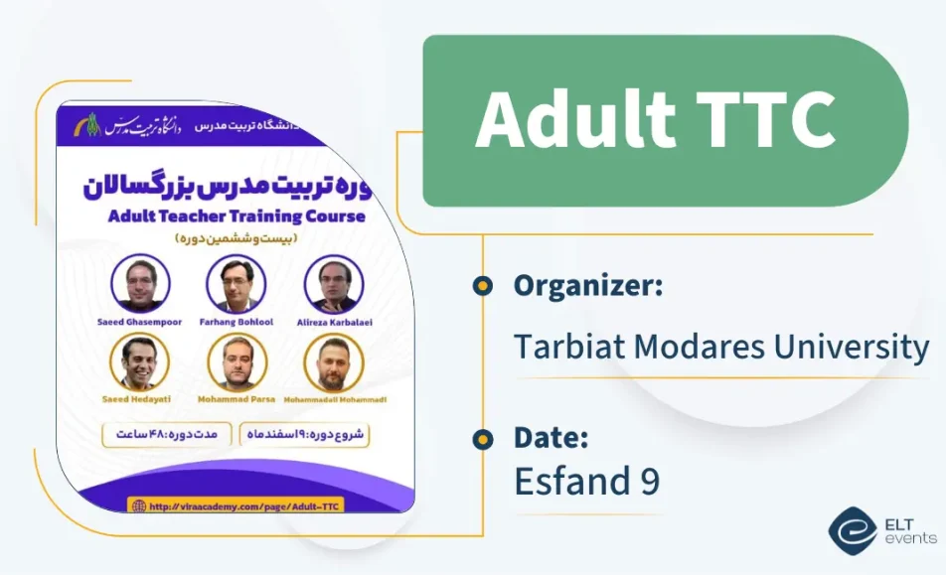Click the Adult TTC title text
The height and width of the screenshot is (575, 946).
655,120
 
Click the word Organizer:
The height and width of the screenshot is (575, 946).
588,286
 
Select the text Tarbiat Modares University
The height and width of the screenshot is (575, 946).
720,347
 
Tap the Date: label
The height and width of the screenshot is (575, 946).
552,437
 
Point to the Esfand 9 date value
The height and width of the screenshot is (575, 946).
586,481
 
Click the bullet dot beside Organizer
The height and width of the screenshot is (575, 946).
483,286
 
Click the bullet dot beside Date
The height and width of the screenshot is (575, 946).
483,438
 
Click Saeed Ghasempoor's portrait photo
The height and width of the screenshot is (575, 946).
140,284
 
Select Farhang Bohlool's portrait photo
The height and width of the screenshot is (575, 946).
236,284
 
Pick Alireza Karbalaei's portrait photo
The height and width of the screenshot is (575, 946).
334,284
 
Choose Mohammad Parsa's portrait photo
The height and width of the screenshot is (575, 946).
236,361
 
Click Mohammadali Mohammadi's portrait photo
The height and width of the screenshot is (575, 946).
334,361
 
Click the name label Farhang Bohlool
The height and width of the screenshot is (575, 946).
236,320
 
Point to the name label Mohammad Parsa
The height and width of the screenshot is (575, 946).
236,398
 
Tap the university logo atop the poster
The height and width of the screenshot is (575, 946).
93,124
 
